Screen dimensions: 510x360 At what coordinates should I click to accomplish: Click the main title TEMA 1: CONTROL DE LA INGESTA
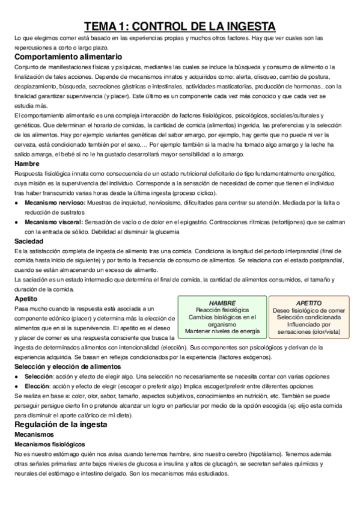[180, 26]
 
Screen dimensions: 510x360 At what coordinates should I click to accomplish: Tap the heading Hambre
[27, 164]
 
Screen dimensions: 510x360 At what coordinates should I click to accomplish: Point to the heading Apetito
[26, 298]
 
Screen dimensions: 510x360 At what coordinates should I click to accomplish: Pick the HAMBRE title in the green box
[222, 303]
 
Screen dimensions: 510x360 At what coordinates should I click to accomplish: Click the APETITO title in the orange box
[309, 303]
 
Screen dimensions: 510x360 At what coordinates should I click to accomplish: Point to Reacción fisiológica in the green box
[222, 310]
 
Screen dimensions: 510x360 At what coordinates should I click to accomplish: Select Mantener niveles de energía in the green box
[222, 331]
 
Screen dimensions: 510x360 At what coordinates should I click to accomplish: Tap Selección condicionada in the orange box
[309, 317]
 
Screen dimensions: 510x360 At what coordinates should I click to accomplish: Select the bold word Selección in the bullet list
[40, 376]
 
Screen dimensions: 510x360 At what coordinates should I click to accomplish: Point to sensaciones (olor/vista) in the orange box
[309, 331]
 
